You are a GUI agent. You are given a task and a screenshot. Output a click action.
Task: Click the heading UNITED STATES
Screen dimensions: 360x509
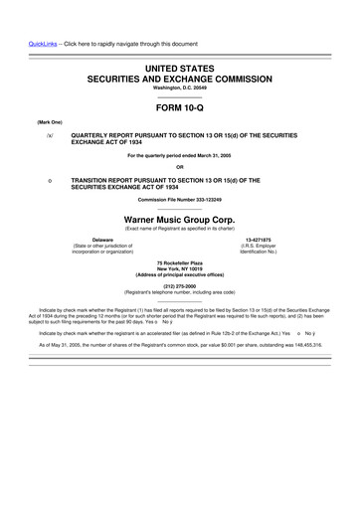pyautogui.click(x=179, y=66)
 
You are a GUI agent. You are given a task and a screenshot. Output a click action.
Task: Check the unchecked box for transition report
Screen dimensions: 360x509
pyautogui.click(x=36, y=180)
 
